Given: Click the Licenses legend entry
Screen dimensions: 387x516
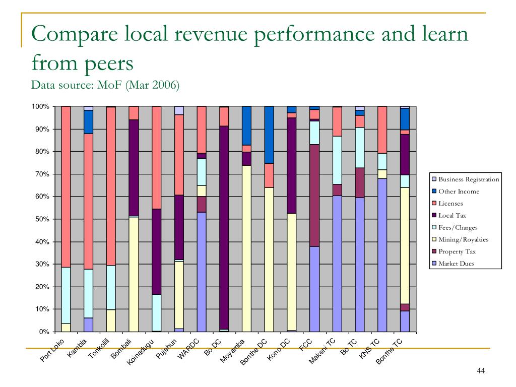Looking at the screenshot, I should coord(450,204).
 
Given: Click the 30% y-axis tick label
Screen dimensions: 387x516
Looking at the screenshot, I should coord(41,265).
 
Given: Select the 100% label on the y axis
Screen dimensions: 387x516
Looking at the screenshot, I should coord(40,107).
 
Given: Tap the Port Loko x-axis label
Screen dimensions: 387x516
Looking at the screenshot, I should coord(52,352).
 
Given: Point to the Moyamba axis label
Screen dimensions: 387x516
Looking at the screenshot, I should coord(232,351).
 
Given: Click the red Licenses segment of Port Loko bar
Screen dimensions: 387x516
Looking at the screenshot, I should coord(66,186).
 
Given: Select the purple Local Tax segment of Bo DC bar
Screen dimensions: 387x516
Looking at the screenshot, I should coord(224,227).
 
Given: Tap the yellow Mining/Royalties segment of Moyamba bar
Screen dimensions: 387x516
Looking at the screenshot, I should coord(246,247).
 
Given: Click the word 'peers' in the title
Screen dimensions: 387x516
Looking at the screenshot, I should coord(109,63).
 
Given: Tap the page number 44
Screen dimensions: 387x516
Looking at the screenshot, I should coord(480,371).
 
